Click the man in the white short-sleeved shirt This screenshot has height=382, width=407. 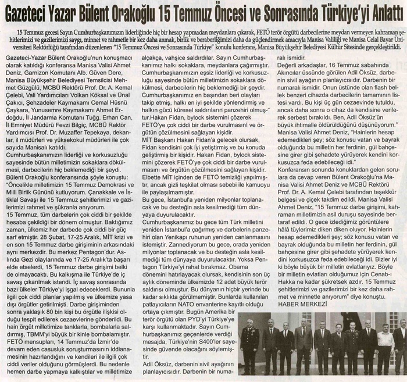(x=385, y=346)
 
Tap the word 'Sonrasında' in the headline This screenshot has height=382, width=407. (x=297, y=10)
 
